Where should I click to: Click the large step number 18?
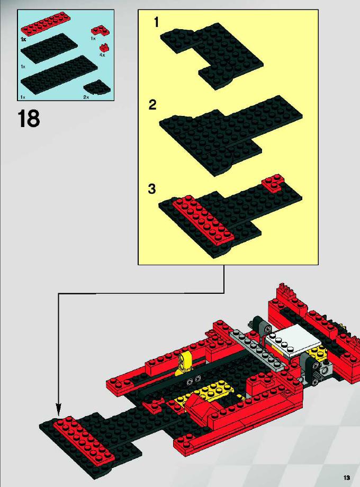(29, 119)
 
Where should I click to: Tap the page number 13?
(347, 477)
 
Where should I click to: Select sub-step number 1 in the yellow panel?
(156, 22)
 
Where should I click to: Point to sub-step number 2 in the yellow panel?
(152, 105)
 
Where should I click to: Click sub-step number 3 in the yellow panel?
(152, 189)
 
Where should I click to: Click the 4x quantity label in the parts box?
(102, 55)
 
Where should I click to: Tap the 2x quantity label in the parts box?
(86, 97)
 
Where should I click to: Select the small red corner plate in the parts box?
(100, 31)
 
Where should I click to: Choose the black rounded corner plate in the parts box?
(97, 87)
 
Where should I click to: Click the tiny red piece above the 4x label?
(104, 47)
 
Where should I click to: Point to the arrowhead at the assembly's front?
(58, 409)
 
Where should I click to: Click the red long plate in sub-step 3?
(203, 221)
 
